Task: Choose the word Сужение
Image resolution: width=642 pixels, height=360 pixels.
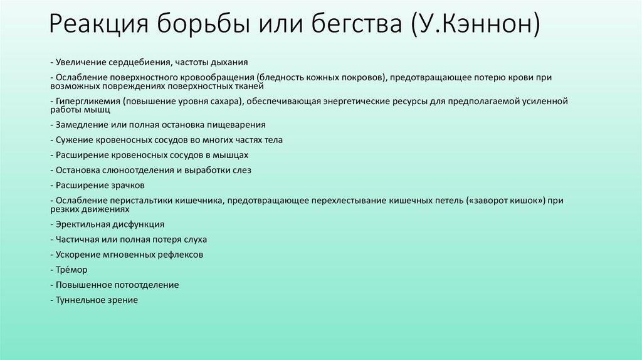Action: [72, 139]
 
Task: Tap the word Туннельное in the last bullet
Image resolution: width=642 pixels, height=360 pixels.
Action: [80, 300]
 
